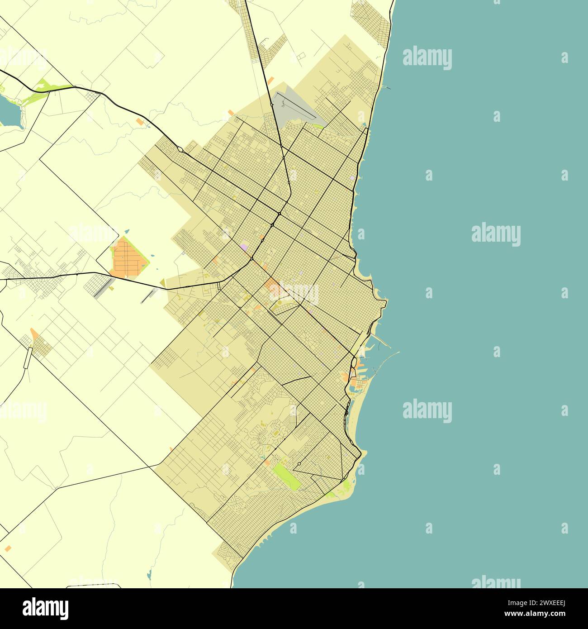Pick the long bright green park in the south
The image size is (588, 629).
pyautogui.click(x=286, y=477)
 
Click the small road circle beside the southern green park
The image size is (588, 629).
pyautogui.click(x=299, y=464)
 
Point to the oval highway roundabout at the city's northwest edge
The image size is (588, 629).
pyautogui.click(x=180, y=149)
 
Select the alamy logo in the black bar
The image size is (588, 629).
pyautogui.click(x=45, y=608)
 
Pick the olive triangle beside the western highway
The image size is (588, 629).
pyautogui.click(x=163, y=283)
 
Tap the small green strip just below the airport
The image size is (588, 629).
pyautogui.click(x=319, y=126)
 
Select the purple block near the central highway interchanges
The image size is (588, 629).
pyautogui.click(x=244, y=247)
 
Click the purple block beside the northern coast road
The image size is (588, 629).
pyautogui.click(x=352, y=178)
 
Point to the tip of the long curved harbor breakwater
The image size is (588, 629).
pyautogui.click(x=398, y=352)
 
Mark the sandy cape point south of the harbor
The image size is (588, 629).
pyautogui.click(x=365, y=452)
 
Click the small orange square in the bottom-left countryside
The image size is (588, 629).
pyautogui.click(x=8, y=548)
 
